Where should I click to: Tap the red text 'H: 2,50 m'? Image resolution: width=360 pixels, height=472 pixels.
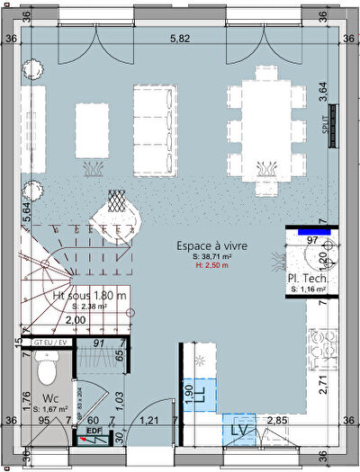(x=211, y=266)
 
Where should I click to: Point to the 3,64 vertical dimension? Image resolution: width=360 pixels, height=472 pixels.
(x=322, y=94)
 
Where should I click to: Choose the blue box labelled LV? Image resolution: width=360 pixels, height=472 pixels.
(x=239, y=430)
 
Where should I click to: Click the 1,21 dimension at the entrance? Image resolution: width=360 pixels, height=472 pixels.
(x=149, y=420)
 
